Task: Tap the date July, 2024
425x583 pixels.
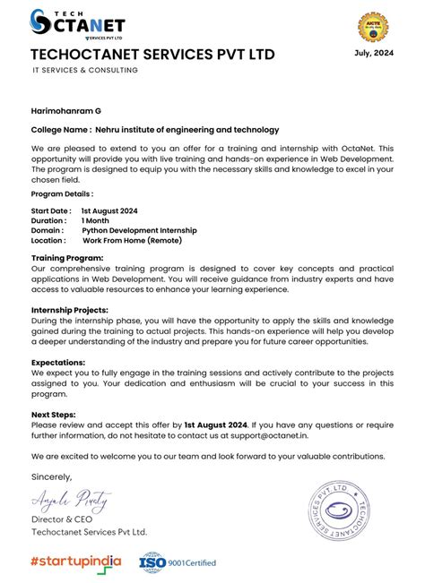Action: coord(375,53)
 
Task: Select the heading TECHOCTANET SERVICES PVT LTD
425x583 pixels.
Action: coord(152,56)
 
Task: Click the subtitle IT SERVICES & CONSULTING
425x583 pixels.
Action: coord(84,71)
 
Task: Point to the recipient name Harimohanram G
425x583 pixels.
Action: coord(66,110)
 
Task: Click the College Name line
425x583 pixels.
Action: coord(154,130)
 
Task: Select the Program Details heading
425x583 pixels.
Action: coord(62,193)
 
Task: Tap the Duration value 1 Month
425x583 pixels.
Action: coord(95,219)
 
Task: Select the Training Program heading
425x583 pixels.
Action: coord(67,258)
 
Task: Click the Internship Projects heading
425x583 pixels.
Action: coord(71,309)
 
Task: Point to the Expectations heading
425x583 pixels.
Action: coord(59,363)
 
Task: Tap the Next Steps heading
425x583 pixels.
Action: coord(53,415)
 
